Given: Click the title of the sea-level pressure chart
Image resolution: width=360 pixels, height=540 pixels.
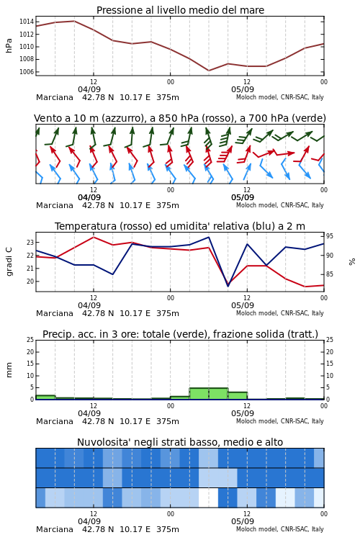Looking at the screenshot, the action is click(180, 10).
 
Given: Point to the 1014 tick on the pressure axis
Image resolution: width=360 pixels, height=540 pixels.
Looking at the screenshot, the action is click(26, 22).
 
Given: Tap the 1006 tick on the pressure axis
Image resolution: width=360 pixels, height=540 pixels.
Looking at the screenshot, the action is click(26, 71).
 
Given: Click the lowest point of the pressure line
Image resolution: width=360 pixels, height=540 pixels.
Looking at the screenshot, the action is click(208, 71).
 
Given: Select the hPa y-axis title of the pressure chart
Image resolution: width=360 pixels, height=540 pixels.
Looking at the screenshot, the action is click(9, 45).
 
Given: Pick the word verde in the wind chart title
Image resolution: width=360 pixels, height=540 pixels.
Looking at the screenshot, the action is click(307, 118).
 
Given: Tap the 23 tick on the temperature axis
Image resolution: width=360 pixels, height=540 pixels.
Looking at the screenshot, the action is click(30, 242).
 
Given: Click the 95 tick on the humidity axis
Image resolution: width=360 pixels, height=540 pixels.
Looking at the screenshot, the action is click(330, 236).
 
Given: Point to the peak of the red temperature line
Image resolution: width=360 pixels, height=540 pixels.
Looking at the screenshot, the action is click(94, 237).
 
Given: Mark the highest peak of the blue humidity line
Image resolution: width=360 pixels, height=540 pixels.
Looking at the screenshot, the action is click(208, 237).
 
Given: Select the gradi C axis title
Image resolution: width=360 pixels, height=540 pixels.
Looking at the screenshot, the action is click(9, 261).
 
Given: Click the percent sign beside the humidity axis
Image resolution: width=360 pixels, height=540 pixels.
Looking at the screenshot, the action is click(352, 262).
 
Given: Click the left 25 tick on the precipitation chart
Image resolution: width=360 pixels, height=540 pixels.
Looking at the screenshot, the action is click(30, 340).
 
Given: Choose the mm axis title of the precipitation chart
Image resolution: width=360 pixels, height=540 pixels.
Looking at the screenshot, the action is click(9, 369).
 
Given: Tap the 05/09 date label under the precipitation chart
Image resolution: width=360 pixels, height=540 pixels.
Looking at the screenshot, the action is click(243, 413).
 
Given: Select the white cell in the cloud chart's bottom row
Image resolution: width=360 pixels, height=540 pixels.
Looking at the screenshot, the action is click(208, 498).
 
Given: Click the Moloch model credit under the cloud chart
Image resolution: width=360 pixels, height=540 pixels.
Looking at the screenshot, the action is click(280, 529).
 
